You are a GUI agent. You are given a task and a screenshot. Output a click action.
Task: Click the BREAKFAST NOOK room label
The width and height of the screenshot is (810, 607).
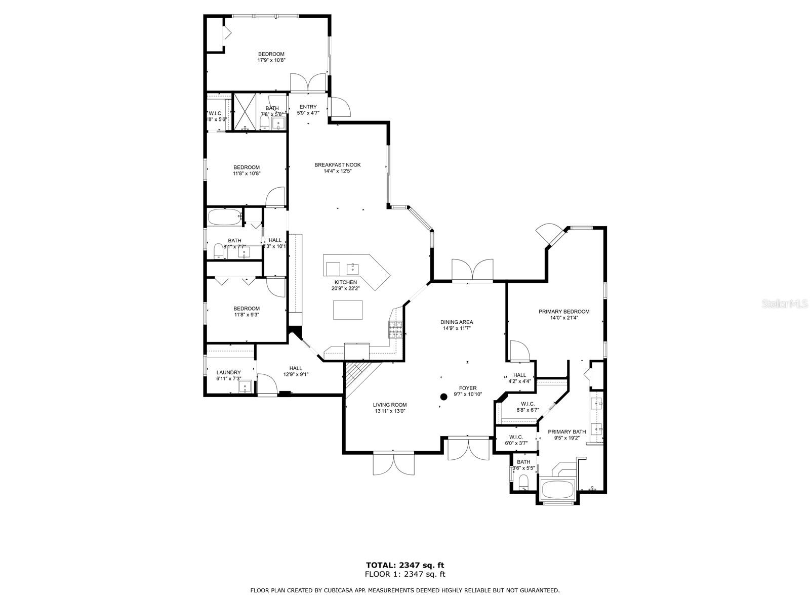(x=338, y=165)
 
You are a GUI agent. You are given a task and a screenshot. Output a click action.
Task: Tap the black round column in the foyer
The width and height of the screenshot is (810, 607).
(x=443, y=397)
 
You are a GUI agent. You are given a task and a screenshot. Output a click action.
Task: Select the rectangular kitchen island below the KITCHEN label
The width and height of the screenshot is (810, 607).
(x=348, y=310)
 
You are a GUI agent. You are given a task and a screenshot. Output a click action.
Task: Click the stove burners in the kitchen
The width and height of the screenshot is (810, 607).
(x=395, y=329)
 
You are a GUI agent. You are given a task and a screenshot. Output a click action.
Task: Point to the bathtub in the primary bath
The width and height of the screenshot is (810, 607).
(x=557, y=490)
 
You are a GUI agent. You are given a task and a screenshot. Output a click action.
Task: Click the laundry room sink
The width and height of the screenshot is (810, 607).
(x=246, y=387)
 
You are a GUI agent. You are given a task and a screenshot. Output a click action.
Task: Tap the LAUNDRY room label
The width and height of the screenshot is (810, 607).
(x=228, y=373)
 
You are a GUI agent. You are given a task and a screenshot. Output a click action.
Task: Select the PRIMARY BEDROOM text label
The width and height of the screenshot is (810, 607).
(x=564, y=312)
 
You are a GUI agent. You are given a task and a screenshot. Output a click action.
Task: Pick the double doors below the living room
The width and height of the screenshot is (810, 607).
(x=393, y=463)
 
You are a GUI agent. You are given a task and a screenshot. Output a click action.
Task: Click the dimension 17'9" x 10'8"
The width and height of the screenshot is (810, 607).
(x=271, y=60)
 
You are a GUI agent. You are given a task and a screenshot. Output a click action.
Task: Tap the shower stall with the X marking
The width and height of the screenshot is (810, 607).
(x=244, y=112)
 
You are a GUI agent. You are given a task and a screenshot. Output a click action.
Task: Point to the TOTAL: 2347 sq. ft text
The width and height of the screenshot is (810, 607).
(x=405, y=565)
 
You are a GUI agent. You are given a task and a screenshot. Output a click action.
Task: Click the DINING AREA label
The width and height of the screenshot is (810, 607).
(x=457, y=322)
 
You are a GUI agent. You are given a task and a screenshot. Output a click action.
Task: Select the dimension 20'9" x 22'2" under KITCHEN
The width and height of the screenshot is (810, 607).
(x=345, y=288)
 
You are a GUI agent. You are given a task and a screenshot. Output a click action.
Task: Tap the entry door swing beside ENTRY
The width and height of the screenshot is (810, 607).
(x=338, y=107)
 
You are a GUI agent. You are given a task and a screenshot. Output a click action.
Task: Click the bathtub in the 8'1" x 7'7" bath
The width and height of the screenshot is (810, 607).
(x=224, y=218)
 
